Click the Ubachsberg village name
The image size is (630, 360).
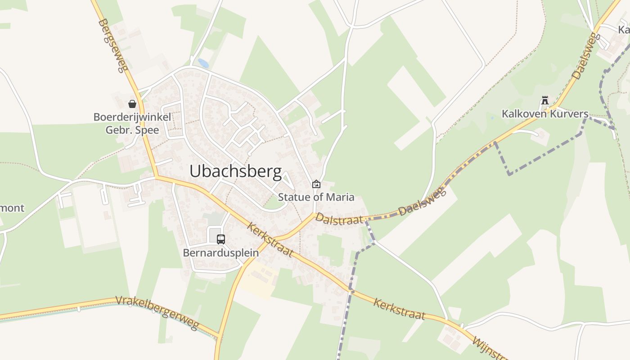[x=235, y=171]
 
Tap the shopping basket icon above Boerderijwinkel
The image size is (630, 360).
[x=132, y=104]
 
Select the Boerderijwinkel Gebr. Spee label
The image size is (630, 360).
[x=132, y=124]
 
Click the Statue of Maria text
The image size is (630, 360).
[x=316, y=197]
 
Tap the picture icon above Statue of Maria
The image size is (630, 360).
[x=316, y=184]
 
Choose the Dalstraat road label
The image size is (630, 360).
[x=339, y=219]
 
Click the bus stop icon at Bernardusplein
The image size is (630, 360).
[x=220, y=239]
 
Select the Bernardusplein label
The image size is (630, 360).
[x=220, y=252]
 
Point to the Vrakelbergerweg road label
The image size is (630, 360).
[x=157, y=312]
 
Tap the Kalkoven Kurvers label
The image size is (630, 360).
[x=545, y=113]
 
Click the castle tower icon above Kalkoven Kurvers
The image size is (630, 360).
[x=545, y=100]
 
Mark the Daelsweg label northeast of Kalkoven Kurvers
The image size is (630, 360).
[x=585, y=57]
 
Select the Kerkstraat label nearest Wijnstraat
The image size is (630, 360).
[x=399, y=309]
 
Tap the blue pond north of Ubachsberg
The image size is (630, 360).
[x=203, y=63]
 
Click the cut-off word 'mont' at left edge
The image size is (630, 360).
[x=12, y=208]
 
